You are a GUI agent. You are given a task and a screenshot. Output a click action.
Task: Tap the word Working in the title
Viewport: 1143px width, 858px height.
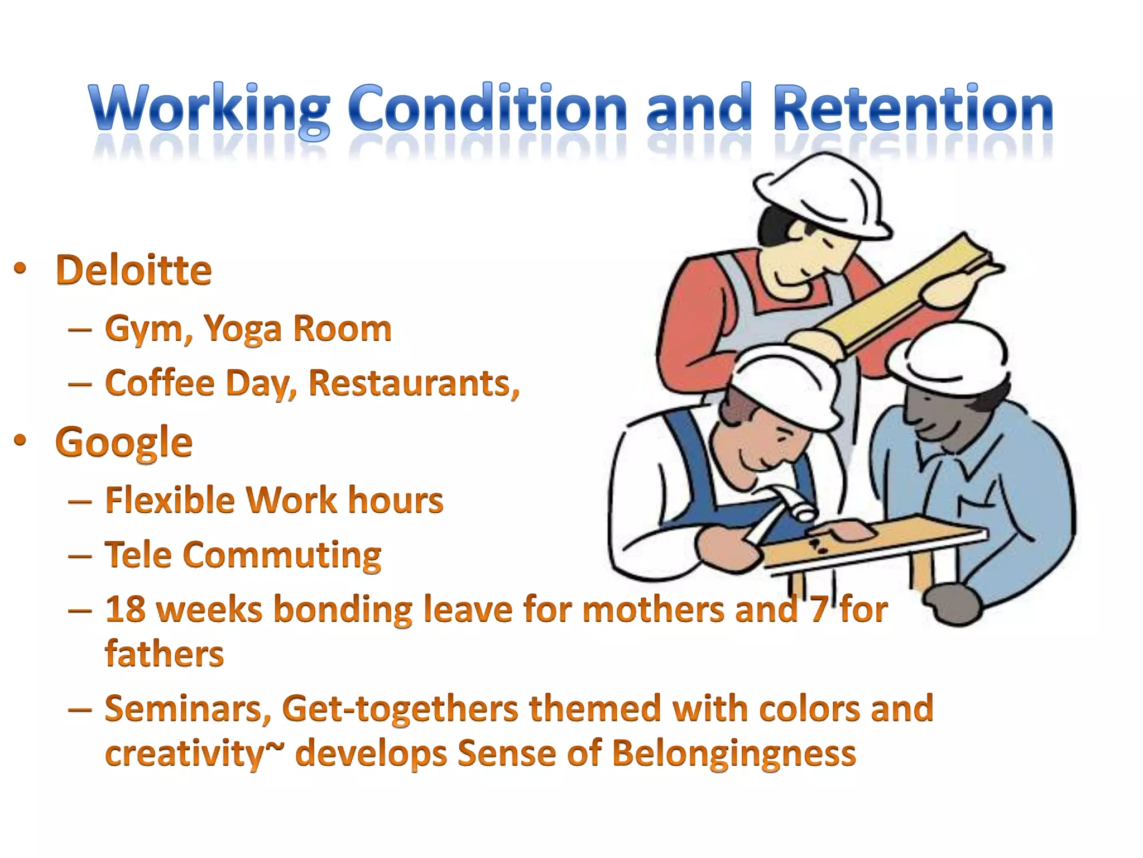click(209, 109)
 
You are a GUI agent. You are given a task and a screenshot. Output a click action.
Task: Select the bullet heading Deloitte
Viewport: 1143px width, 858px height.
click(133, 270)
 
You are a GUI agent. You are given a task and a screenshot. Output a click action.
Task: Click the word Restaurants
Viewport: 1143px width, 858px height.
click(414, 384)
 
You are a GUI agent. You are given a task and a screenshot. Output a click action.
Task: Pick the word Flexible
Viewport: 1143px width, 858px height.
click(170, 499)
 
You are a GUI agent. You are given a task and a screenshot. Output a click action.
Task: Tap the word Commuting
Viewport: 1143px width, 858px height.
click(282, 555)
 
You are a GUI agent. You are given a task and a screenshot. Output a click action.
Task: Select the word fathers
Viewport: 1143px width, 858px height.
click(164, 654)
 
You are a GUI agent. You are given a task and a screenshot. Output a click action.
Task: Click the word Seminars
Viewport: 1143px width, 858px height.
click(188, 709)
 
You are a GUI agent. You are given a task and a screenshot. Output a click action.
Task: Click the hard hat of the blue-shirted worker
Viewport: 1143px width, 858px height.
click(949, 352)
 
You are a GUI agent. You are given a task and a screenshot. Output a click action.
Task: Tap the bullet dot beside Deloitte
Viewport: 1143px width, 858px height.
click(20, 269)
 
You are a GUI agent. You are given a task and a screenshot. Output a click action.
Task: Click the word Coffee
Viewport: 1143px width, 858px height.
click(160, 384)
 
